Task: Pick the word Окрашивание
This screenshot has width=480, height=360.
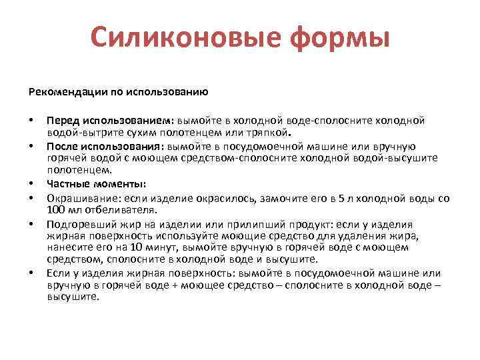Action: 77,199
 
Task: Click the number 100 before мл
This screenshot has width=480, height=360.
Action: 55,209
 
